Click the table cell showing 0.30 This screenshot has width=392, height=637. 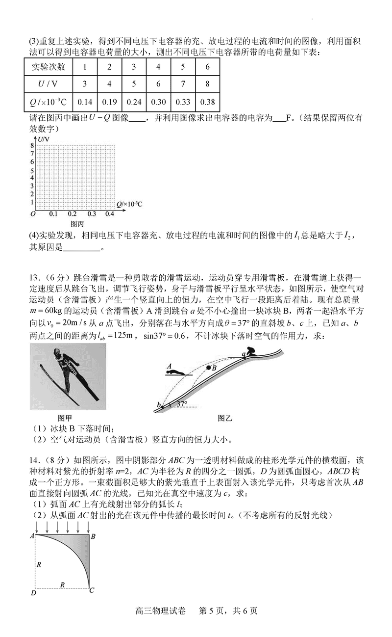158,102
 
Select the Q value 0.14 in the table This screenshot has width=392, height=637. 85,102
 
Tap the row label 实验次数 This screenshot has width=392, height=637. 49,67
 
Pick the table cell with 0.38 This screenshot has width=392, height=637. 207,102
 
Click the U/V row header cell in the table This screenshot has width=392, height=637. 49,84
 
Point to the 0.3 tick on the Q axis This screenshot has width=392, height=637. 92,214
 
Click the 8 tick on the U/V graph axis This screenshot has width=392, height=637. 32,146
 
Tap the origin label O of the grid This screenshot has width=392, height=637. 32,214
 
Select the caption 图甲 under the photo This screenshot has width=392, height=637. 65,418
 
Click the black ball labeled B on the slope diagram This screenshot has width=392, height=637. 208,367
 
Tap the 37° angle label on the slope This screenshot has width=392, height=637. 182,403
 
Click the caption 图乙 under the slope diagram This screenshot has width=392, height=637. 225,418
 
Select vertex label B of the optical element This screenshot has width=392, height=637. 93,536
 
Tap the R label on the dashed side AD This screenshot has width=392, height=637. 38,565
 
